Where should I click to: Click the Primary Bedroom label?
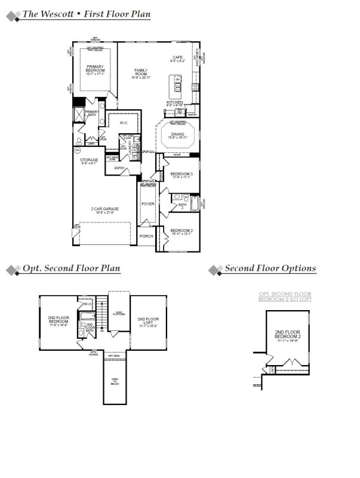coord(95,69)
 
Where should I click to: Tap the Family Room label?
coord(140,73)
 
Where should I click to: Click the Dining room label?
coord(178,136)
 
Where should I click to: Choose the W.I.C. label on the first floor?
coord(124,123)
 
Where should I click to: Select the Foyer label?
coord(147,204)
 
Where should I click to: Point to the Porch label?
coord(146,236)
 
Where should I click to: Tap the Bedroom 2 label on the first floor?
coord(181,231)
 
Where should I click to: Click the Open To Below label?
coord(115,381)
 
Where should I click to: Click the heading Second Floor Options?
coord(270,269)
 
